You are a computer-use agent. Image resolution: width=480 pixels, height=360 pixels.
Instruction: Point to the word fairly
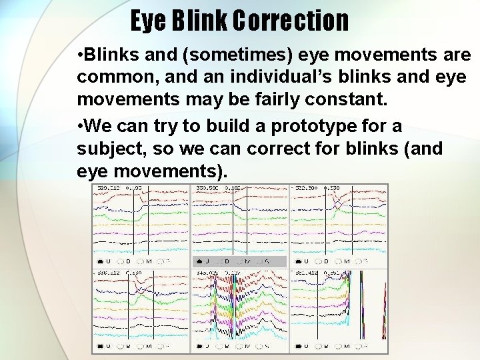pos(273,101)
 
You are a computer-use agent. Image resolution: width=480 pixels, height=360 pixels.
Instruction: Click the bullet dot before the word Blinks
pos(80,55)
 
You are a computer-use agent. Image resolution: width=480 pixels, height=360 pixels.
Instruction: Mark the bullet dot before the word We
pos(80,126)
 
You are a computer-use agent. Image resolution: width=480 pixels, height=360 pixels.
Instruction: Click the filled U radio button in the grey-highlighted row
pos(199,261)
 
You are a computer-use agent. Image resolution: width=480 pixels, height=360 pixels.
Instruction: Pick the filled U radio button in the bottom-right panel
pos(297,346)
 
